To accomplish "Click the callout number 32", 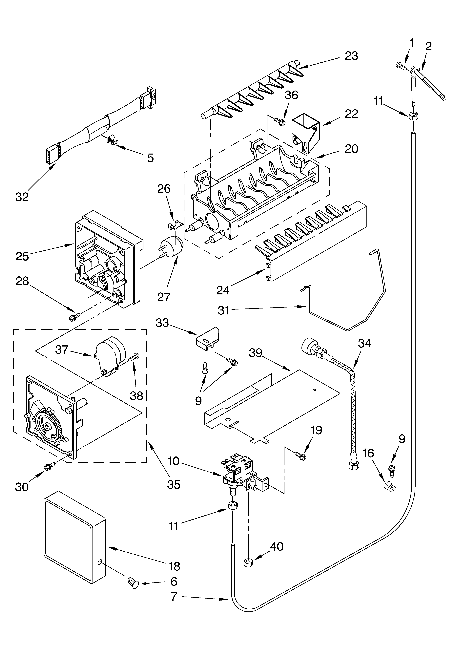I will pos(22,197).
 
